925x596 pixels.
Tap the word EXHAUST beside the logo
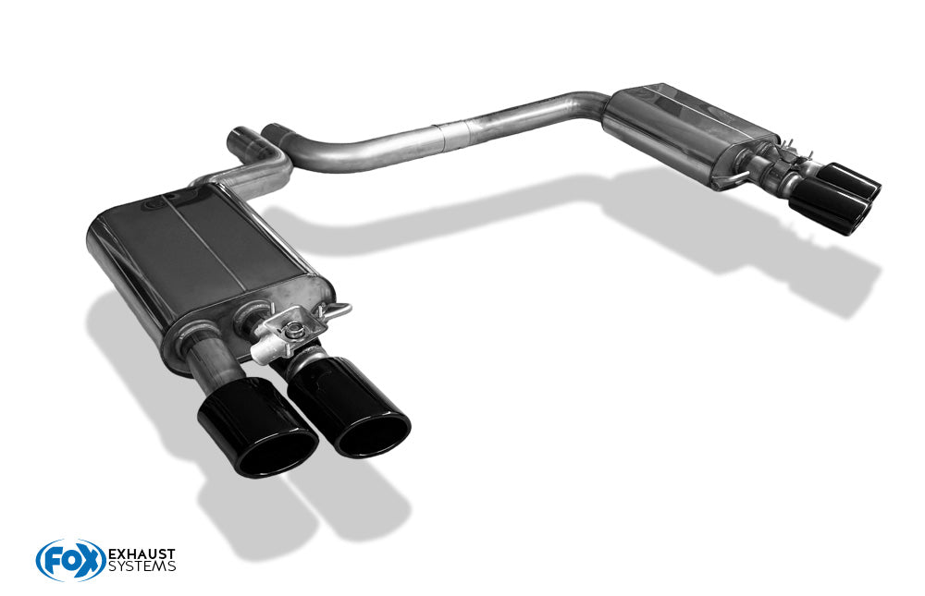coord(142,554)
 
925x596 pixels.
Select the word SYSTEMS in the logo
coord(142,566)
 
